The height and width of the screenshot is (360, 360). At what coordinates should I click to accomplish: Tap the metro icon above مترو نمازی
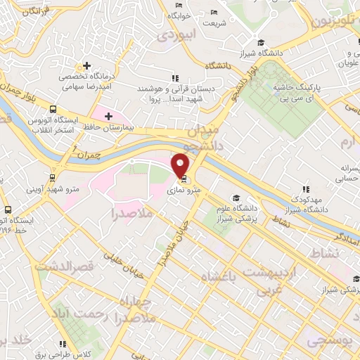coord(184,178)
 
